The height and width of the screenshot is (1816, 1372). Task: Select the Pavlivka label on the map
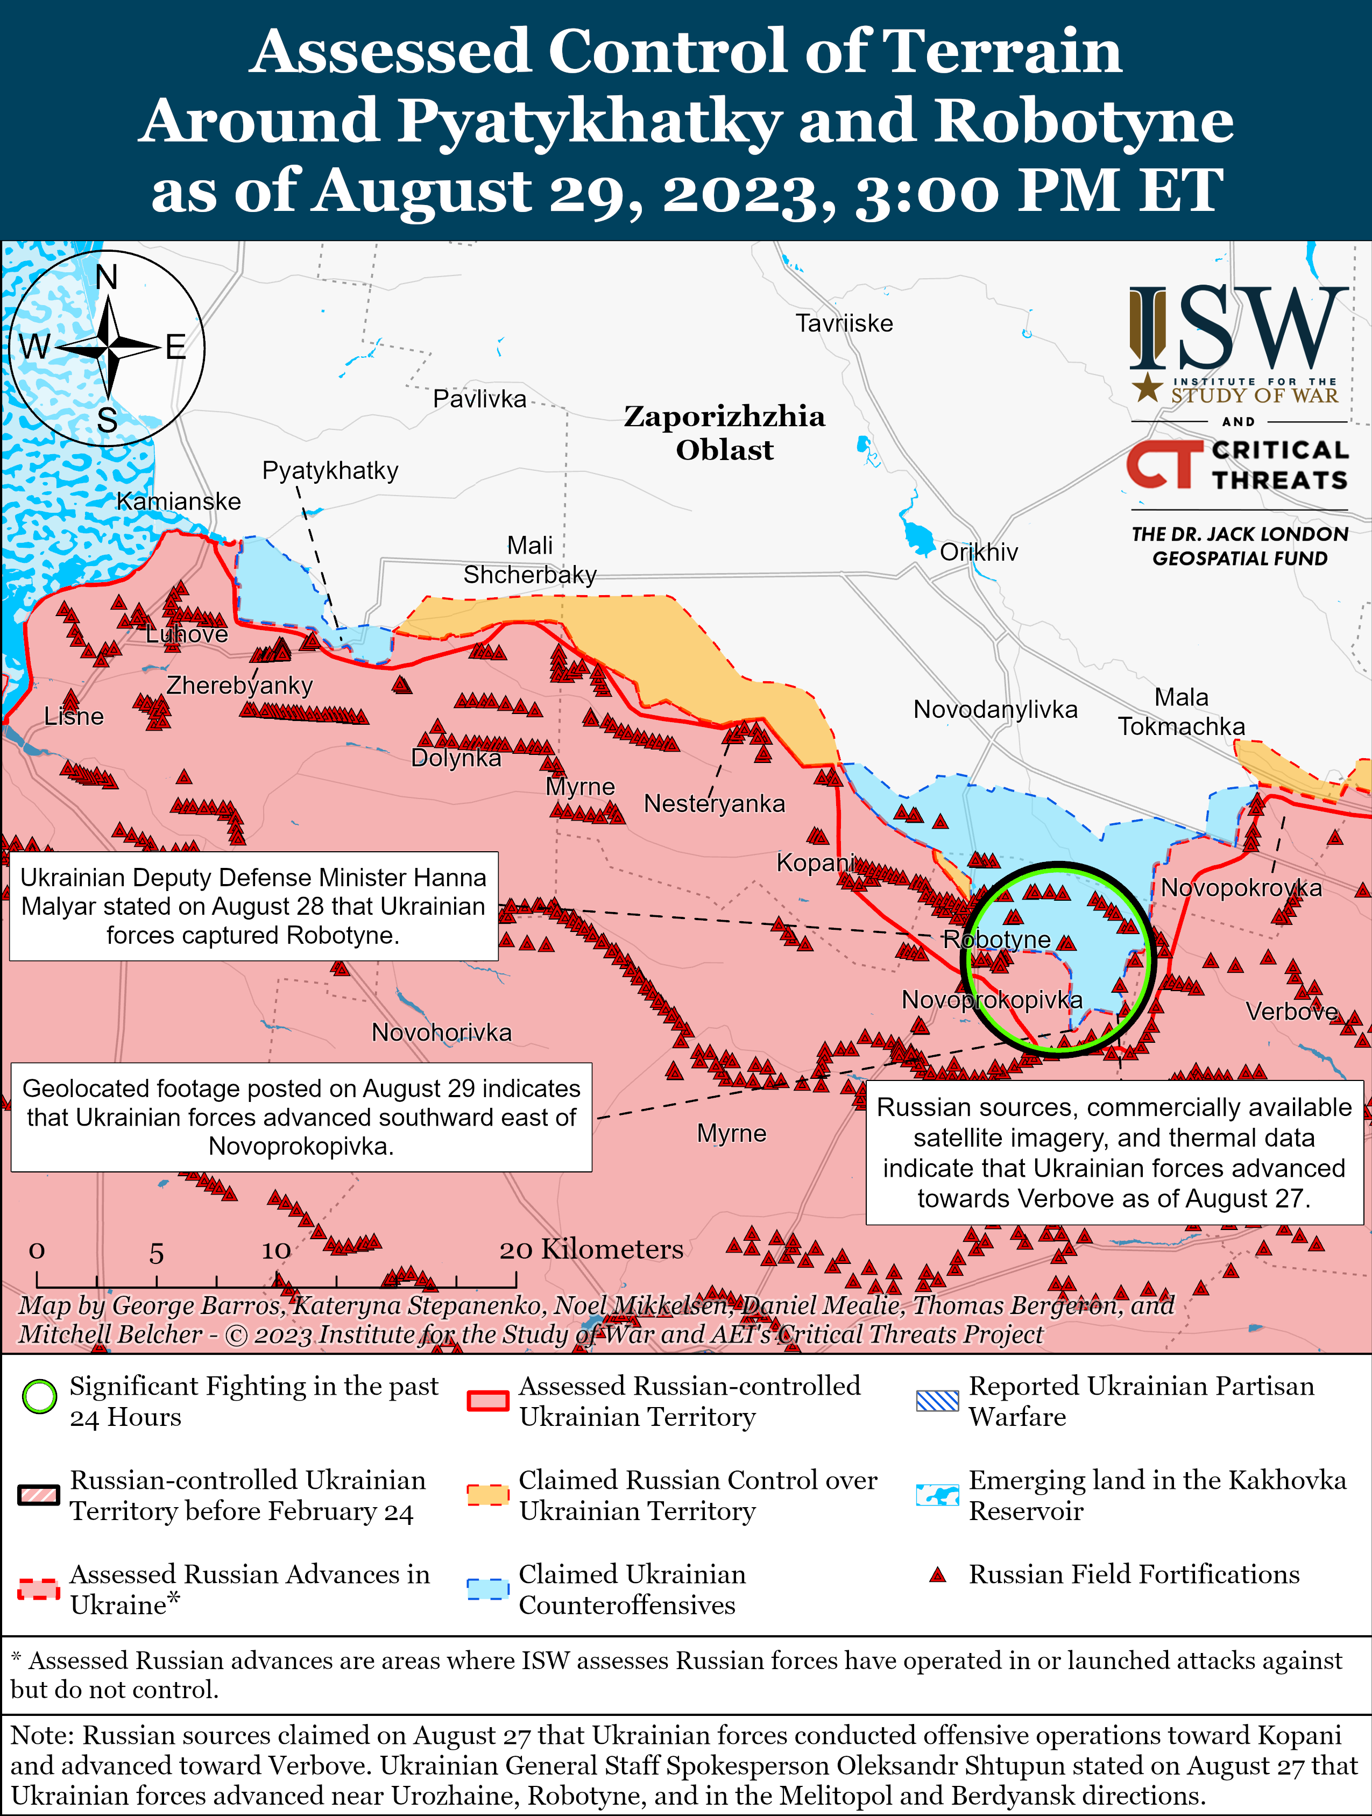tap(479, 399)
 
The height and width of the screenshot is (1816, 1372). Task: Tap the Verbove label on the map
tap(1291, 1012)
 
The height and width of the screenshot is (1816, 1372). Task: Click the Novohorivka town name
tap(442, 1032)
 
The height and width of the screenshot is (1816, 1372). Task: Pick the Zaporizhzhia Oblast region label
tap(724, 433)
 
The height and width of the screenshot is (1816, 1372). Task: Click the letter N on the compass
tap(107, 278)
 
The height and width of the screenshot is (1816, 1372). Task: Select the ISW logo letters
tap(1238, 328)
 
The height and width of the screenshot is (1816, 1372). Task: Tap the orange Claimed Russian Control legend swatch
tap(487, 1495)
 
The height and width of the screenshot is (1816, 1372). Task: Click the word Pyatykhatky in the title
tap(589, 121)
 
